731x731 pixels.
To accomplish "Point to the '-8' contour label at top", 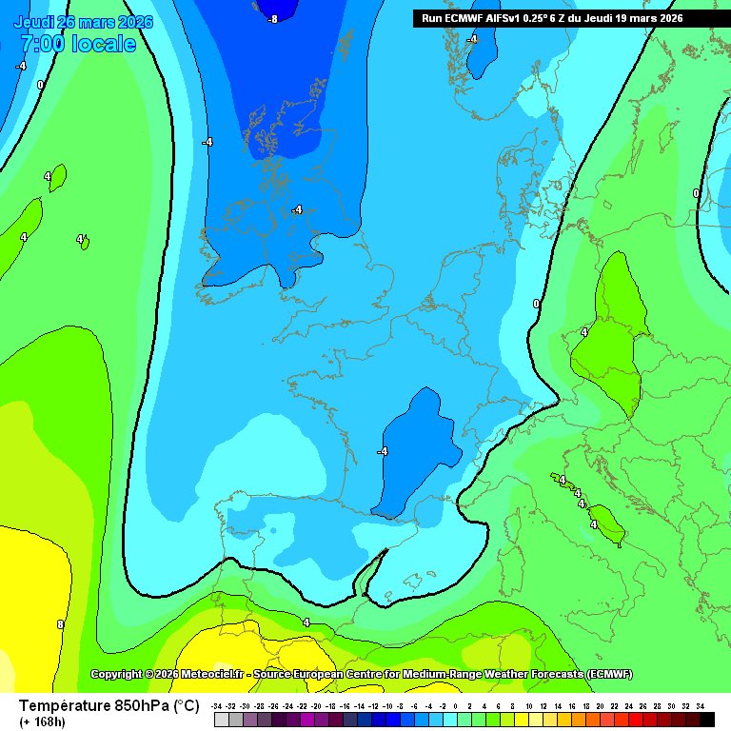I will point(273,19).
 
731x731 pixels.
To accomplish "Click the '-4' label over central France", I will point(383,451).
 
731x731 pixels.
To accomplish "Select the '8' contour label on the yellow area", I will point(60,624).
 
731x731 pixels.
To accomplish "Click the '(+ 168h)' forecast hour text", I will point(43,722).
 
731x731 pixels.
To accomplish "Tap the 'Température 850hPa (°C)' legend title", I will point(109,705).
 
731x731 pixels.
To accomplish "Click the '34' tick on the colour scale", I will point(700,705).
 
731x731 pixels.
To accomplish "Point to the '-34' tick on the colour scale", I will point(218,705).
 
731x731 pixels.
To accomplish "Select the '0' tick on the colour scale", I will point(456,705).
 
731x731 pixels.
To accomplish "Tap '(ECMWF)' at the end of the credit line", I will point(609,674).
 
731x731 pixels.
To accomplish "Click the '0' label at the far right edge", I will point(696,193).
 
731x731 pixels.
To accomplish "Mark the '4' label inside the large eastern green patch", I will point(584,332).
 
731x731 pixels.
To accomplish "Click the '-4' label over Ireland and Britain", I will point(297,209).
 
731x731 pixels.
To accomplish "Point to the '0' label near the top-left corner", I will point(40,85).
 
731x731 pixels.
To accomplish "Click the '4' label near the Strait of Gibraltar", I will point(306,622).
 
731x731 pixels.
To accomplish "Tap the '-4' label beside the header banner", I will point(472,39).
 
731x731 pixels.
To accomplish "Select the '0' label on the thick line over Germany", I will point(536,304).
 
